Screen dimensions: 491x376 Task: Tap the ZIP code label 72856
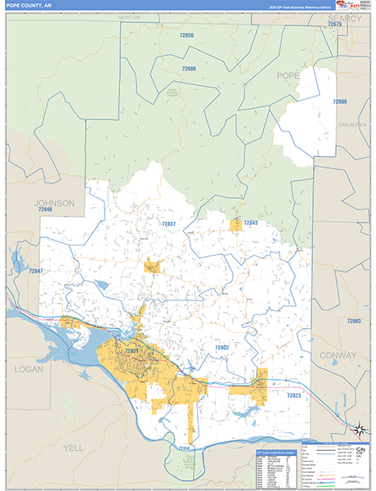point(187,36)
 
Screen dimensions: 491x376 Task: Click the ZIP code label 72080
point(340,101)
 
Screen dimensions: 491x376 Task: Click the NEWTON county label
point(129,16)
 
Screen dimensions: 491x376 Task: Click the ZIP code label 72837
point(168,223)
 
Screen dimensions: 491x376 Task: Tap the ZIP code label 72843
point(250,223)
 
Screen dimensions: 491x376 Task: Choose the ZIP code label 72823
point(294,395)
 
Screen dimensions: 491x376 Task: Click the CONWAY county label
point(339,356)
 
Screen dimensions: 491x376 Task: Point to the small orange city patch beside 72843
point(236,225)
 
